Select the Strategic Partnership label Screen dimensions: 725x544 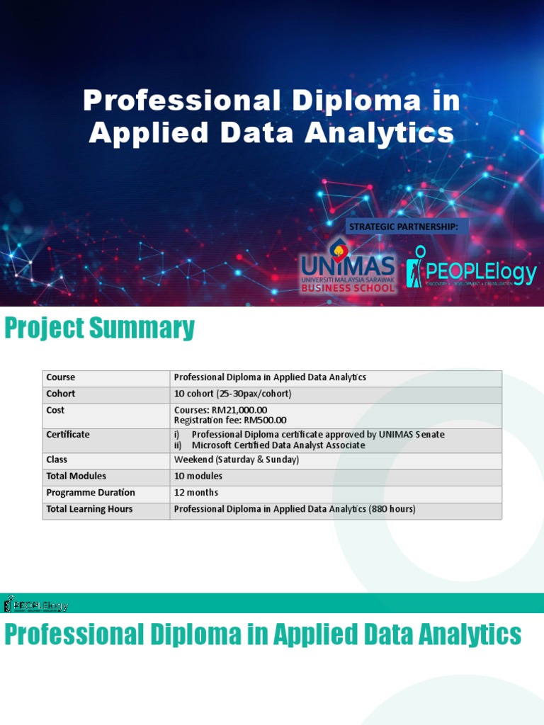(x=407, y=227)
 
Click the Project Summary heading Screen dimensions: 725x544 (x=99, y=329)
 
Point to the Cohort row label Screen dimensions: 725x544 (x=61, y=394)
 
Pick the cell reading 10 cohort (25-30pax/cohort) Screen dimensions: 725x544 (x=232, y=394)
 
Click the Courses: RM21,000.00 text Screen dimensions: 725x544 (x=220, y=410)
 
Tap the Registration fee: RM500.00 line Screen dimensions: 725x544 (x=230, y=421)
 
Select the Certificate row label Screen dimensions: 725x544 (x=68, y=435)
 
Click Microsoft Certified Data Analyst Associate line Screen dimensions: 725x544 (x=278, y=445)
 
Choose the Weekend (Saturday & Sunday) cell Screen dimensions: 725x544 (x=237, y=459)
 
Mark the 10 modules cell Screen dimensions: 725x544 (x=198, y=476)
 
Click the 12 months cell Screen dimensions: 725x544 (x=196, y=493)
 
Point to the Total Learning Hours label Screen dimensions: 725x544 (x=89, y=509)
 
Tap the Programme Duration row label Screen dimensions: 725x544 (x=91, y=493)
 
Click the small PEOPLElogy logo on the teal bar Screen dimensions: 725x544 (x=36, y=604)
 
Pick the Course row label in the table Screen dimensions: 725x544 (x=60, y=377)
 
